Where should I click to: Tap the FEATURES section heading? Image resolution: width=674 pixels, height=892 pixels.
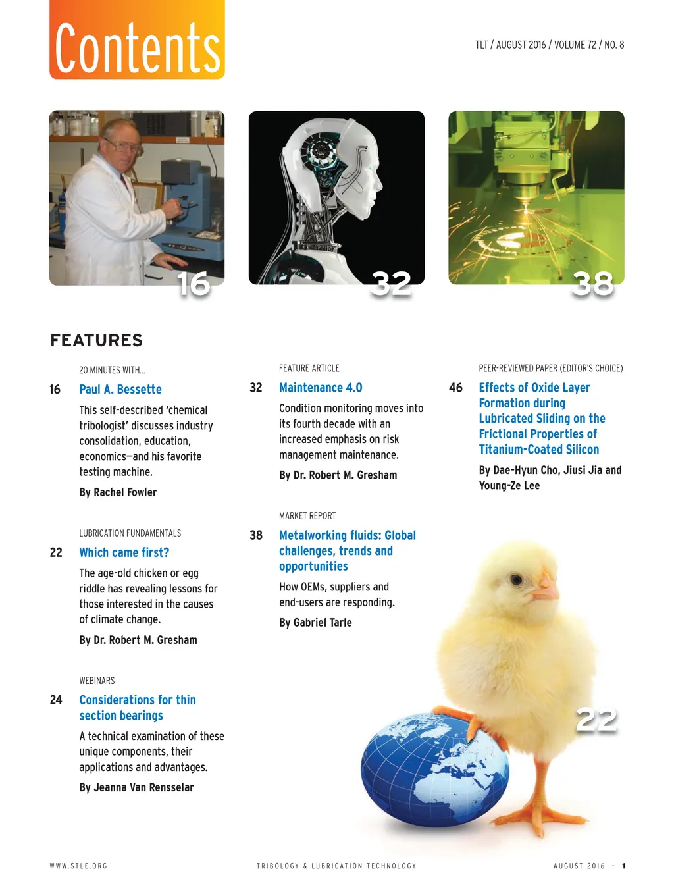click(x=96, y=340)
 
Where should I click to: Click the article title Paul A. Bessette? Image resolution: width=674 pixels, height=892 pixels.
click(x=120, y=390)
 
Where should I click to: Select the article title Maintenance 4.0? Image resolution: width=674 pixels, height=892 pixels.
click(x=321, y=388)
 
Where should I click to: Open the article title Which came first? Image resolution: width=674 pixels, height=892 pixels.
click(x=124, y=552)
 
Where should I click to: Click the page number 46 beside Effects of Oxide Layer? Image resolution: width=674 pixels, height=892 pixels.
click(x=455, y=388)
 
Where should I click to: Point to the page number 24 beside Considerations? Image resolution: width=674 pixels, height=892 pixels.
click(x=56, y=700)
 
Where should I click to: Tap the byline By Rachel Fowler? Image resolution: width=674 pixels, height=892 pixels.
click(x=118, y=492)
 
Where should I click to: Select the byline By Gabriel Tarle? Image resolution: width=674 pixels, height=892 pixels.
click(x=315, y=623)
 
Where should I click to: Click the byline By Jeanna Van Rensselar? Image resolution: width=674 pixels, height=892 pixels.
click(x=136, y=787)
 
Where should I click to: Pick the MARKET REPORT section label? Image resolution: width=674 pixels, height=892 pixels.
click(x=307, y=516)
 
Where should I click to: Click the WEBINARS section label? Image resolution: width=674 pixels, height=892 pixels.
click(x=97, y=681)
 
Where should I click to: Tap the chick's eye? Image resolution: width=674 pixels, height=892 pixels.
click(x=517, y=579)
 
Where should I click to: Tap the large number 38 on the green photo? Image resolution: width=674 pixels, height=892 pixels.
click(x=592, y=284)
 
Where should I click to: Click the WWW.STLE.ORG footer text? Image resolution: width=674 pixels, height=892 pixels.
click(x=78, y=866)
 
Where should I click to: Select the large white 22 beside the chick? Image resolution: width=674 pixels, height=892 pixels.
click(x=596, y=720)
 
